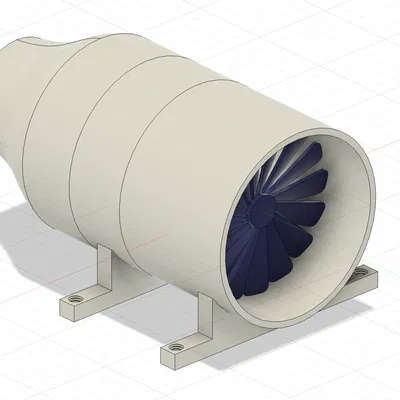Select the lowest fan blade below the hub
262,270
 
